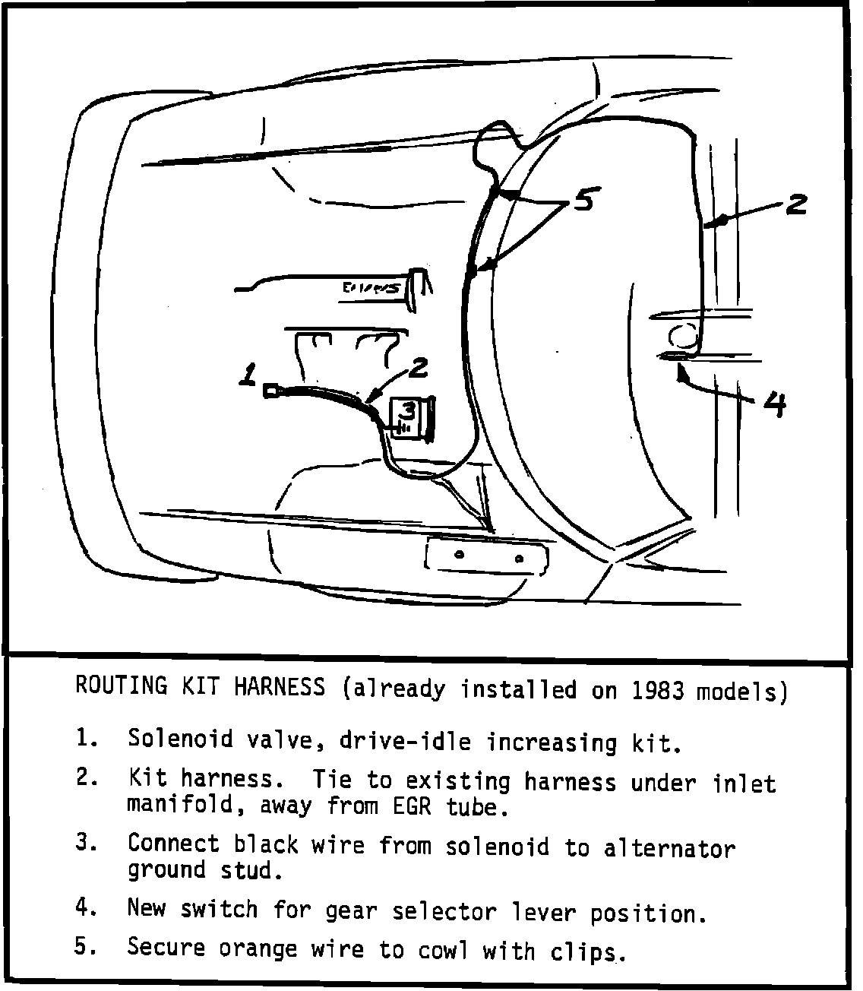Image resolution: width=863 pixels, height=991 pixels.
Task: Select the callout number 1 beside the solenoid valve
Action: (248, 375)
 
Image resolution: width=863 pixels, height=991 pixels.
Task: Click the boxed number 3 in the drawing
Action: (408, 411)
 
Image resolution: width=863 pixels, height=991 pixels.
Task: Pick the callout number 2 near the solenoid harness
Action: (418, 369)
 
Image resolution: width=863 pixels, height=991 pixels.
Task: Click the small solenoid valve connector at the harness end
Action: (270, 391)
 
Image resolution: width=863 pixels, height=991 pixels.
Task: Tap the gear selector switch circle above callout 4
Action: (681, 334)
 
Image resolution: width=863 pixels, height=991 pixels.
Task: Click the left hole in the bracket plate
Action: (458, 554)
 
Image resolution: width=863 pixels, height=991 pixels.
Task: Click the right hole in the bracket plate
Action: (518, 559)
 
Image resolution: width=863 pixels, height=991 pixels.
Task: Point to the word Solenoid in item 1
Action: (177, 738)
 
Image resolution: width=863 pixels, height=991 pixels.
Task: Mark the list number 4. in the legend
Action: (86, 907)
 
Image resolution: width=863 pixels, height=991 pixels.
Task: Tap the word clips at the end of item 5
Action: (590, 951)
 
